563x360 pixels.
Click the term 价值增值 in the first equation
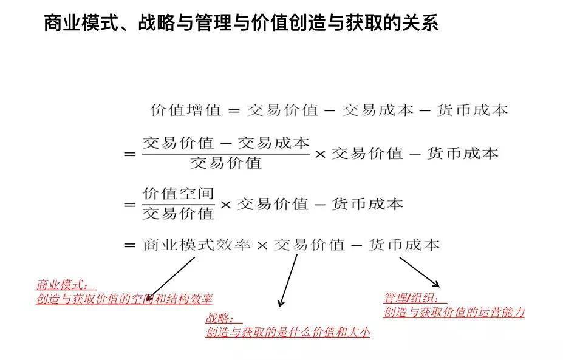(x=186, y=110)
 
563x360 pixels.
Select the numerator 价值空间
(x=178, y=194)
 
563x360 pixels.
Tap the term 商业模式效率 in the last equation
(x=196, y=245)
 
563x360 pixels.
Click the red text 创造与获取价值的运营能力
(x=454, y=312)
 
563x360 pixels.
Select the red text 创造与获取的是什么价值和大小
(x=288, y=332)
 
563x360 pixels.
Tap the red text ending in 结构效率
(x=125, y=299)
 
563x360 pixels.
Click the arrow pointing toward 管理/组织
(x=420, y=272)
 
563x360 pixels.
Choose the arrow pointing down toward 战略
(x=288, y=280)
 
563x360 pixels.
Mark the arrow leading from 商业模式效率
(x=170, y=279)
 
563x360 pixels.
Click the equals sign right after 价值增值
(x=234, y=110)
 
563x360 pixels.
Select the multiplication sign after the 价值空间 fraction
(x=225, y=205)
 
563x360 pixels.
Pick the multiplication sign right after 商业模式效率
(x=262, y=246)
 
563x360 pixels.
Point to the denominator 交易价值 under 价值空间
(x=178, y=214)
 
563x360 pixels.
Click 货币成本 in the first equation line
(x=472, y=110)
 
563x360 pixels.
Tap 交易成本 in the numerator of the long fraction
(x=273, y=143)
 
